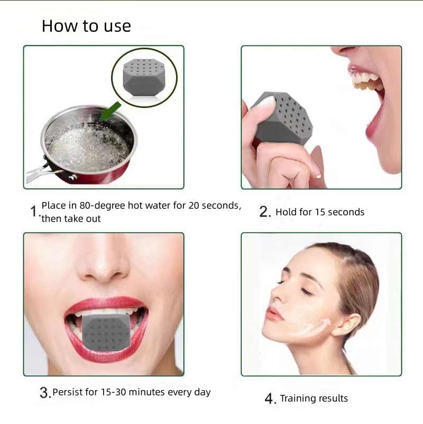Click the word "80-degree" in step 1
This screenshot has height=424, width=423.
pyautogui.click(x=104, y=205)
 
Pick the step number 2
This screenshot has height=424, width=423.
pyautogui.click(x=265, y=212)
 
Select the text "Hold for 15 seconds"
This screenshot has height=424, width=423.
pyautogui.click(x=320, y=212)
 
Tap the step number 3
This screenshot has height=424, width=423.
pyautogui.click(x=45, y=393)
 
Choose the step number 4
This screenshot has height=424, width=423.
pyautogui.click(x=270, y=399)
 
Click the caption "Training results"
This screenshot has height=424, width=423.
pyautogui.click(x=314, y=399)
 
